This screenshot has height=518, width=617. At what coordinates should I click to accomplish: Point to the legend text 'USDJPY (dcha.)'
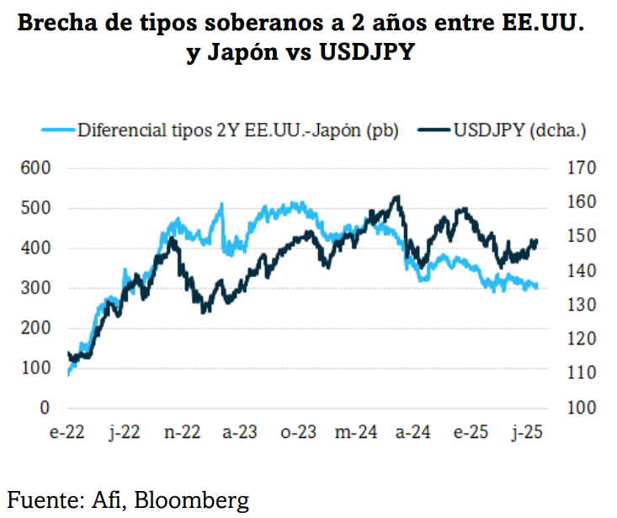(519, 130)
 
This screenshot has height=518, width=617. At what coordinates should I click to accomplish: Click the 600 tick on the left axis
(34, 168)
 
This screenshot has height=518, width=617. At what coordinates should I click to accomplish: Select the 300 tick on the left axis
(34, 288)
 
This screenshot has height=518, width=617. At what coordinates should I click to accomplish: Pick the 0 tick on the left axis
(44, 409)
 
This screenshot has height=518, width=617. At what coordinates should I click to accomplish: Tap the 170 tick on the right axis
(581, 168)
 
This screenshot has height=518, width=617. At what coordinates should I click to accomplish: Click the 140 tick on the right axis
(581, 271)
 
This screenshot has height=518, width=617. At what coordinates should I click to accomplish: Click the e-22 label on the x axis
(66, 432)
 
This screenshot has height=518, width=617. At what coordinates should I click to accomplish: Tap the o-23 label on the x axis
(297, 432)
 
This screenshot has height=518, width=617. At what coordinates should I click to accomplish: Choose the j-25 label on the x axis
(527, 432)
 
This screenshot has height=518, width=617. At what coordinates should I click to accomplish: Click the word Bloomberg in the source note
(197, 500)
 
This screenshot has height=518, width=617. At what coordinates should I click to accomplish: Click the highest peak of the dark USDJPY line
(396, 197)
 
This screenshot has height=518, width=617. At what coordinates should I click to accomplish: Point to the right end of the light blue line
(536, 287)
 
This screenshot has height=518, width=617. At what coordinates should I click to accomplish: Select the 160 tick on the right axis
(581, 202)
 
